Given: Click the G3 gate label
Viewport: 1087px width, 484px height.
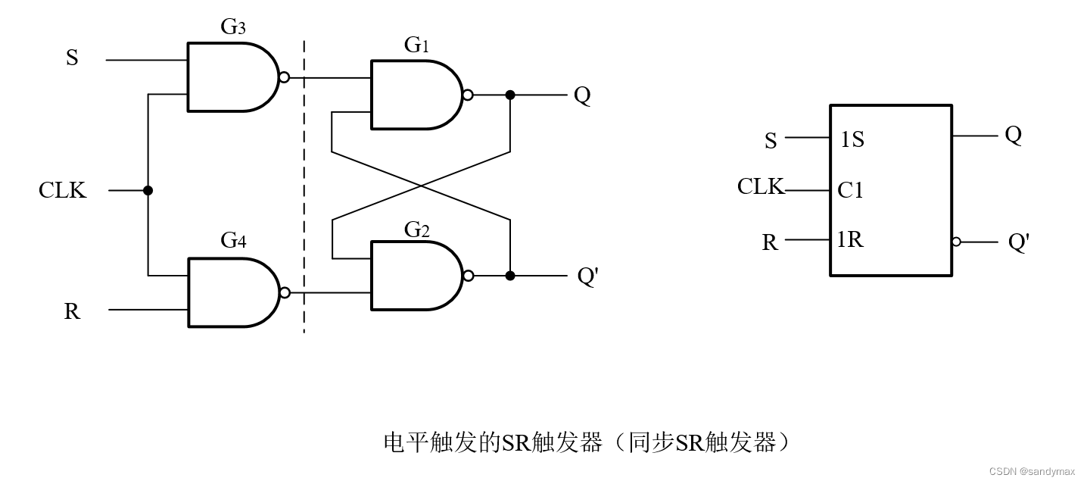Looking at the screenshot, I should click(x=233, y=27).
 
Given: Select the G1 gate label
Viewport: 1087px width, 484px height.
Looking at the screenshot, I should click(x=416, y=45).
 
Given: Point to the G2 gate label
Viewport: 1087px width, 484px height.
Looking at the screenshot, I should click(x=416, y=229).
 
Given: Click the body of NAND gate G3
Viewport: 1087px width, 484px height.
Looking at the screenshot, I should click(x=229, y=77).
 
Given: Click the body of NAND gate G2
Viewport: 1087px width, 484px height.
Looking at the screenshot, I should click(x=413, y=276).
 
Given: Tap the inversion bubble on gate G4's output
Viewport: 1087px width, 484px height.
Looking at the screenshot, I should click(x=285, y=292).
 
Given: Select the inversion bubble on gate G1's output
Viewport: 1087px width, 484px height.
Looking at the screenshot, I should click(x=468, y=95).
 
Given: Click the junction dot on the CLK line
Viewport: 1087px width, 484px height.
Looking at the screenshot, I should click(x=148, y=190).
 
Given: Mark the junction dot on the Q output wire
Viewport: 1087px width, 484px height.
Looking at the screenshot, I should click(x=510, y=95).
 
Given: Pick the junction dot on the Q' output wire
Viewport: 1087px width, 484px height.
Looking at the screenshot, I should click(x=510, y=276).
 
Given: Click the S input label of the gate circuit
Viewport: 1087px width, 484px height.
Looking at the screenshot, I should click(x=72, y=58).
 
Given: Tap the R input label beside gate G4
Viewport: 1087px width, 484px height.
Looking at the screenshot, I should click(x=72, y=311).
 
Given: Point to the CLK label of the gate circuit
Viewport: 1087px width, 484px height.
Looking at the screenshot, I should click(x=63, y=190).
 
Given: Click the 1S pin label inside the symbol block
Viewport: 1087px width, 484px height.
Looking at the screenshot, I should click(x=852, y=140).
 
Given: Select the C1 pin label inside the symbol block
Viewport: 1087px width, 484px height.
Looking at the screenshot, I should click(x=850, y=190).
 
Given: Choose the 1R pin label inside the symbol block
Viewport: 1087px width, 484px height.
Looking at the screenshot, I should click(x=850, y=240).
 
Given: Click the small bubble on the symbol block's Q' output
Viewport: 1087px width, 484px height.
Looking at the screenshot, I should click(x=956, y=242).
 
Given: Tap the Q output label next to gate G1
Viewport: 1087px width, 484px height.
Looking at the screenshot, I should click(x=581, y=95).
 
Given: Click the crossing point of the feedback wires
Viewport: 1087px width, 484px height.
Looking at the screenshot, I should click(x=421, y=186).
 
